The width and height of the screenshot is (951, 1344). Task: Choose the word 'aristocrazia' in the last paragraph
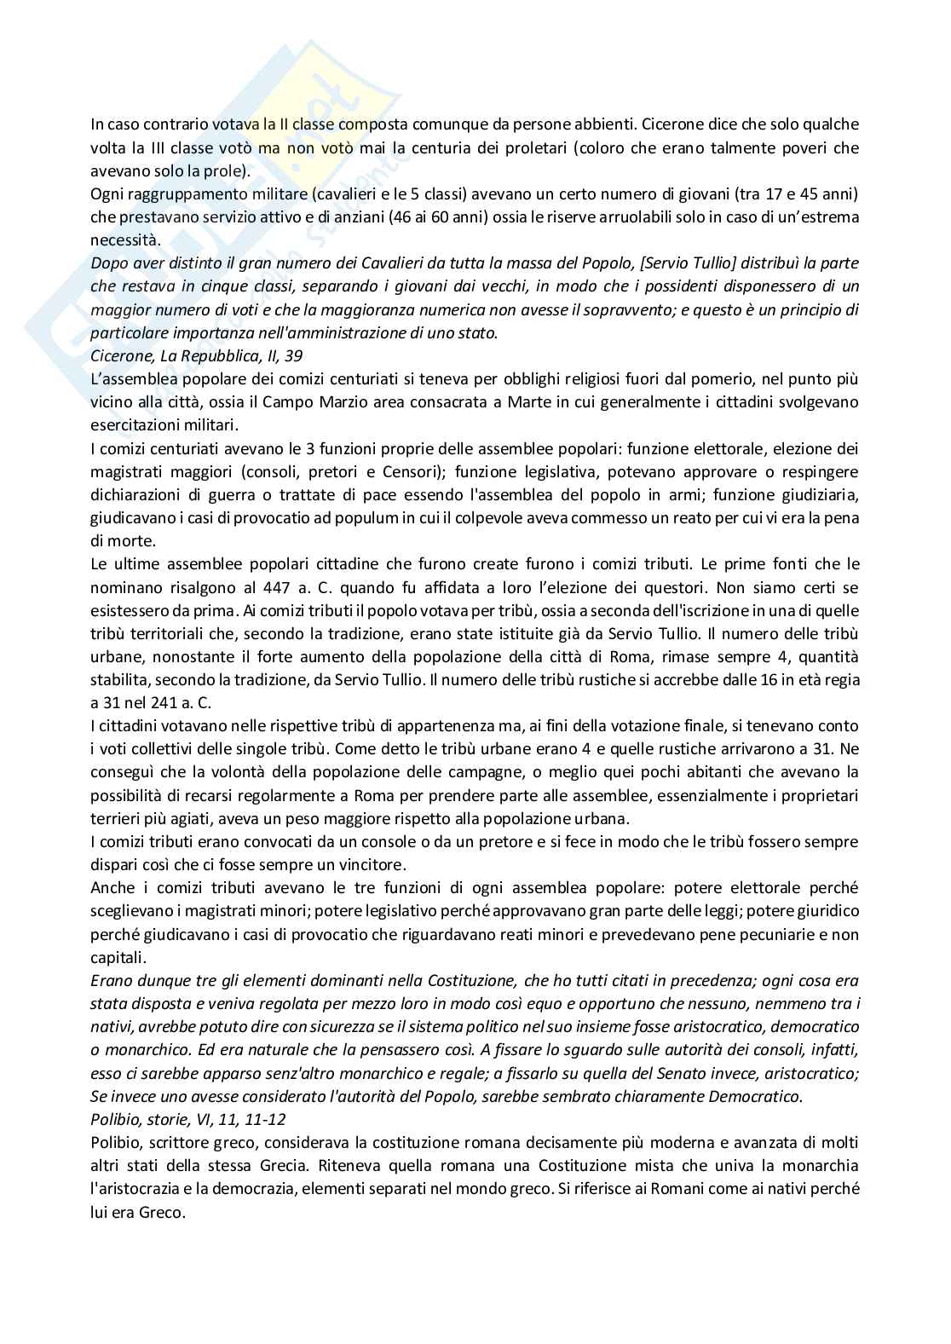(138, 1188)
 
